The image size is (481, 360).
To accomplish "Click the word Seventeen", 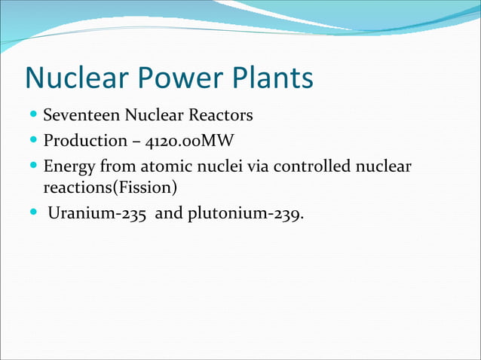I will pyautogui.click(x=78, y=116).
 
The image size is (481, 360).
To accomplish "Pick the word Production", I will pyautogui.click(x=85, y=141).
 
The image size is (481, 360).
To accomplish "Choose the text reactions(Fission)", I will pyautogui.click(x=110, y=185).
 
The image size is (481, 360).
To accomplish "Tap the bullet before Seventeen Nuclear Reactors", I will pyautogui.click(x=35, y=116).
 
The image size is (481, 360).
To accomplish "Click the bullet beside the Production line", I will pyautogui.click(x=35, y=141).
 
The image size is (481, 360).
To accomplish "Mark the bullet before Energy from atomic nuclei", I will pyautogui.click(x=35, y=166).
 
